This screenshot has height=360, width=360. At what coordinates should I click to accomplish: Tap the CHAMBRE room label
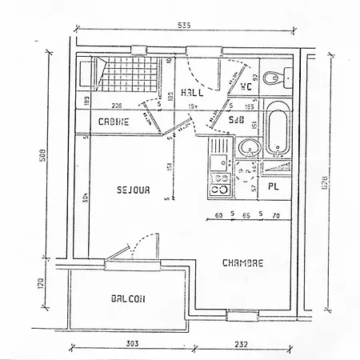coord(242,262)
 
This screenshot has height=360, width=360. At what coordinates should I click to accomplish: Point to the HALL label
coord(192,92)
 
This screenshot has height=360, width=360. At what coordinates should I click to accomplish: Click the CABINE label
coord(115,122)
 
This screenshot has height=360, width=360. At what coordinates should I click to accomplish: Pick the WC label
coord(246,87)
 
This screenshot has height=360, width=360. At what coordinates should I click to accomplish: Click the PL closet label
coord(274,187)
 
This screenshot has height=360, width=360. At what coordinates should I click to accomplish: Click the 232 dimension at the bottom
coord(239,344)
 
